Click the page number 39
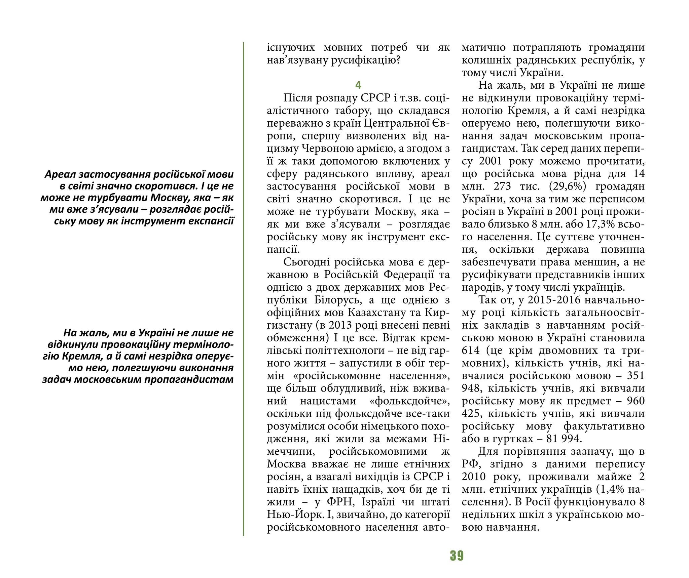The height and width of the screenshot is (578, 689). pos(457,556)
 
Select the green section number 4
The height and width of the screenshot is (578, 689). pos(358,85)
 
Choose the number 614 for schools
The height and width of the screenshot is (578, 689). pos(471,350)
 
